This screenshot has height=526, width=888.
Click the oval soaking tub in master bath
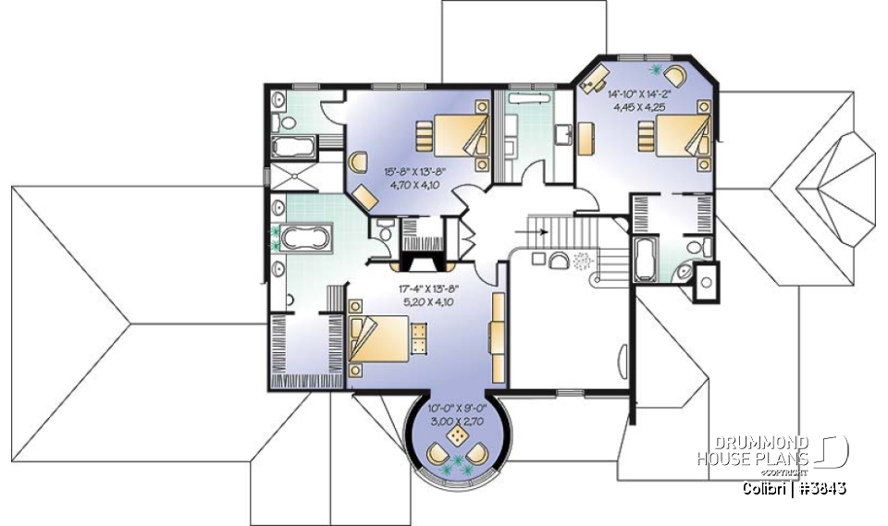pos(305,239)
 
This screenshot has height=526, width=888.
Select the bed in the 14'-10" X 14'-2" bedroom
pos(674,139)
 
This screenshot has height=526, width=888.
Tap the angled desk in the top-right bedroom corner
pos(593,77)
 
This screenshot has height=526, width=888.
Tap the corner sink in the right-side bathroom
pos(683,272)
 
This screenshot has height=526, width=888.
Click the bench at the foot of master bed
pos(419,338)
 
